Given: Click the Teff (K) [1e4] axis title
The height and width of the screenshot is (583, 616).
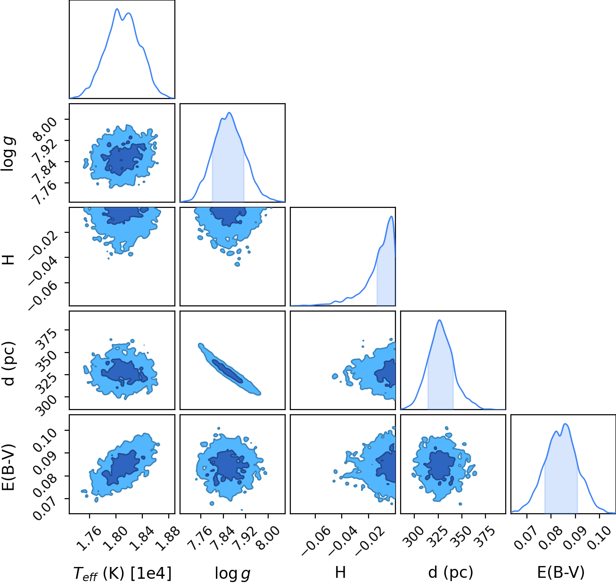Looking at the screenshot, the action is coord(122,573).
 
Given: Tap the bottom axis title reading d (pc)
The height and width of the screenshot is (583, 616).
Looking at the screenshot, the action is coord(450,572).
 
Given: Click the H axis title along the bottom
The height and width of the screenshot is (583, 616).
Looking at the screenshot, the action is coord(340,572).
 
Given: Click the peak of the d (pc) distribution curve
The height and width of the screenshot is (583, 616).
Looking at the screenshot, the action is coord(439,320).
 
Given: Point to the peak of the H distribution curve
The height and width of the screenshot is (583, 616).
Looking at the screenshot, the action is coord(391,216).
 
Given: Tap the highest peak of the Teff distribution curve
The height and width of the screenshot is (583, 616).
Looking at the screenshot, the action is coord(117,9).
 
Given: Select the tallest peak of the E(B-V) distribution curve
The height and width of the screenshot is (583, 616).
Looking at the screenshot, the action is coord(565,424).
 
